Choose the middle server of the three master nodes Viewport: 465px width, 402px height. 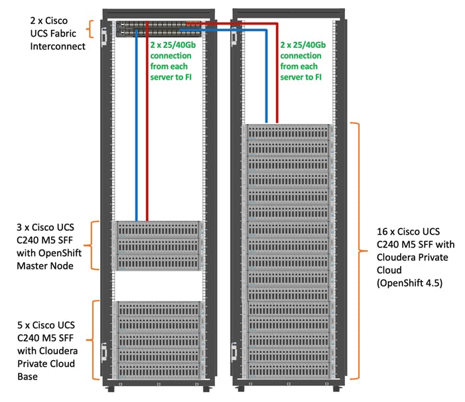[158, 245]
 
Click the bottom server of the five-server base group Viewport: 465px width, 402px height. [158, 371]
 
